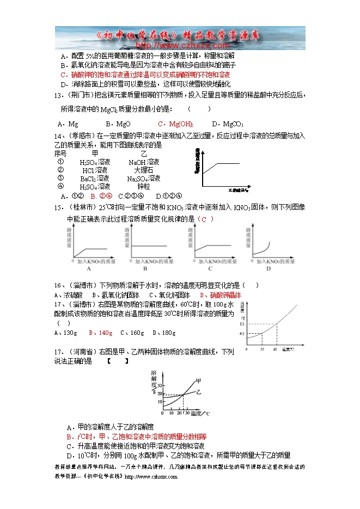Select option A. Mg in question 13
click(x=68, y=124)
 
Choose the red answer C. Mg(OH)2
click(x=175, y=124)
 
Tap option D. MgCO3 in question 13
click(x=228, y=124)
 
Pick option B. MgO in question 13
click(x=118, y=124)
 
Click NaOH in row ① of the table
click(x=144, y=162)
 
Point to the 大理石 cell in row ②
click(x=144, y=170)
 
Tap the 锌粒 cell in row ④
click(x=144, y=187)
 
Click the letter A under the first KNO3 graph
click(x=88, y=268)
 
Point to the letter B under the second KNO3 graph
click(x=145, y=268)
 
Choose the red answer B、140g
click(x=102, y=333)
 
